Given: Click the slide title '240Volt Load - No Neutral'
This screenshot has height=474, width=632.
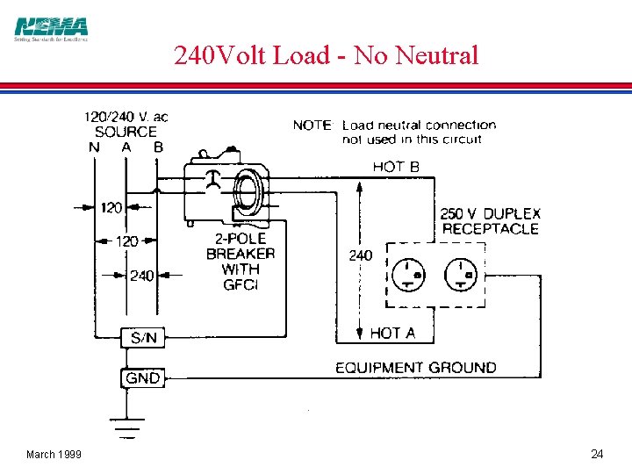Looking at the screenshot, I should pyautogui.click(x=326, y=56).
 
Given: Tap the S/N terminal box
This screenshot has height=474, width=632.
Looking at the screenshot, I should pyautogui.click(x=143, y=337).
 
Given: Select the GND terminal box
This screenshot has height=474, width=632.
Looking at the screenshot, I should pyautogui.click(x=142, y=378).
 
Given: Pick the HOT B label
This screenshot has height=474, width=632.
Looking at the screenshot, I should pyautogui.click(x=396, y=166).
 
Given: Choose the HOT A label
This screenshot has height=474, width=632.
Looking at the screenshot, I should pyautogui.click(x=392, y=333).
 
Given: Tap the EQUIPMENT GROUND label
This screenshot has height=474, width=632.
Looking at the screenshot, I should pyautogui.click(x=415, y=367).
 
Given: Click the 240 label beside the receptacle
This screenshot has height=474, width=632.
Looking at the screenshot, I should pyautogui.click(x=360, y=255).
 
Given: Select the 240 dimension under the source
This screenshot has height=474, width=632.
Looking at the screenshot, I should pyautogui.click(x=142, y=276).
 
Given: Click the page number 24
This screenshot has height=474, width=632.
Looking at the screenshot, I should pyautogui.click(x=597, y=454).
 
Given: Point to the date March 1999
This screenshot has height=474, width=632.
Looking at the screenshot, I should pyautogui.click(x=54, y=454).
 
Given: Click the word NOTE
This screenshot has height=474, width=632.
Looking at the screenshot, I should pyautogui.click(x=312, y=126).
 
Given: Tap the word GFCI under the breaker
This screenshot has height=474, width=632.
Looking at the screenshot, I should pyautogui.click(x=240, y=284).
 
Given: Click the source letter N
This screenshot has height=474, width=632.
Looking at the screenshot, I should pyautogui.click(x=94, y=147).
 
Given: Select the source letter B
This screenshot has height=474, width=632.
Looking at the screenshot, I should pyautogui.click(x=158, y=147).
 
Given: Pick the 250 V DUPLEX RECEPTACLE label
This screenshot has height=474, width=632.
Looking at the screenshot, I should pyautogui.click(x=490, y=221).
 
